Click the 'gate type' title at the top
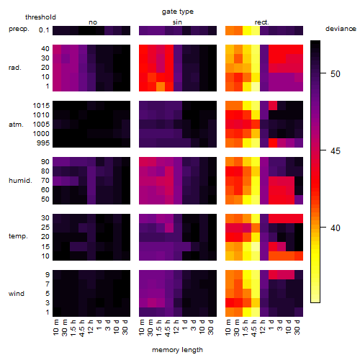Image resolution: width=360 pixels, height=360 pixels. (x=178, y=12)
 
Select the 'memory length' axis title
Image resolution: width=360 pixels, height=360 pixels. (x=177, y=350)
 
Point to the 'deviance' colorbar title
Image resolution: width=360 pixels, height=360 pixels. (x=341, y=29)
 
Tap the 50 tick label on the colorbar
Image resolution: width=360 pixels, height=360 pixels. (x=336, y=73)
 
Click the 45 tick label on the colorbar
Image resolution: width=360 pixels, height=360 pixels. (x=336, y=151)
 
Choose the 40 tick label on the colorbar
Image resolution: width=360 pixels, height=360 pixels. (x=336, y=228)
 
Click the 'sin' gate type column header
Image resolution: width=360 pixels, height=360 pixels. (x=177, y=22)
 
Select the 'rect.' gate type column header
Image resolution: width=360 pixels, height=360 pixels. (x=261, y=22)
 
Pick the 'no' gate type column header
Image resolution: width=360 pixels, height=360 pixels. (x=93, y=22)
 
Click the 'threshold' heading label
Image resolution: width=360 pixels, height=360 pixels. (x=40, y=17)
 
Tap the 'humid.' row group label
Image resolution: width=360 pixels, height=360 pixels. (x=20, y=180)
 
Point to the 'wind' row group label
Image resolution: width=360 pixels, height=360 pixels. (x=17, y=294)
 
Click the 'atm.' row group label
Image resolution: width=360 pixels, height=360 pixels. (x=16, y=125)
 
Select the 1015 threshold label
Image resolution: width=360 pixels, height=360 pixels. (x=41, y=105)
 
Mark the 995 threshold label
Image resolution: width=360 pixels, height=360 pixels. (x=43, y=143)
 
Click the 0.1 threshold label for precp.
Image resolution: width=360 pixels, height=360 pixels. (x=44, y=30)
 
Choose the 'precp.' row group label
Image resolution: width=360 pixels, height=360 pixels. (x=19, y=29)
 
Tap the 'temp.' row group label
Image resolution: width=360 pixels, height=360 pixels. (x=18, y=236)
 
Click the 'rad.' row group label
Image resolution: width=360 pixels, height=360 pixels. (x=15, y=68)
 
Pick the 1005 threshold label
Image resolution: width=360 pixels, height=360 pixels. (x=41, y=125)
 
